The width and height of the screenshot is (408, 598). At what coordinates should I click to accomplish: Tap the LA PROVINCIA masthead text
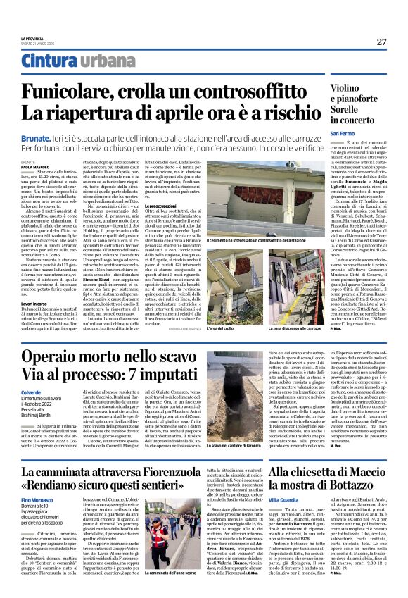click(x=32, y=37)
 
